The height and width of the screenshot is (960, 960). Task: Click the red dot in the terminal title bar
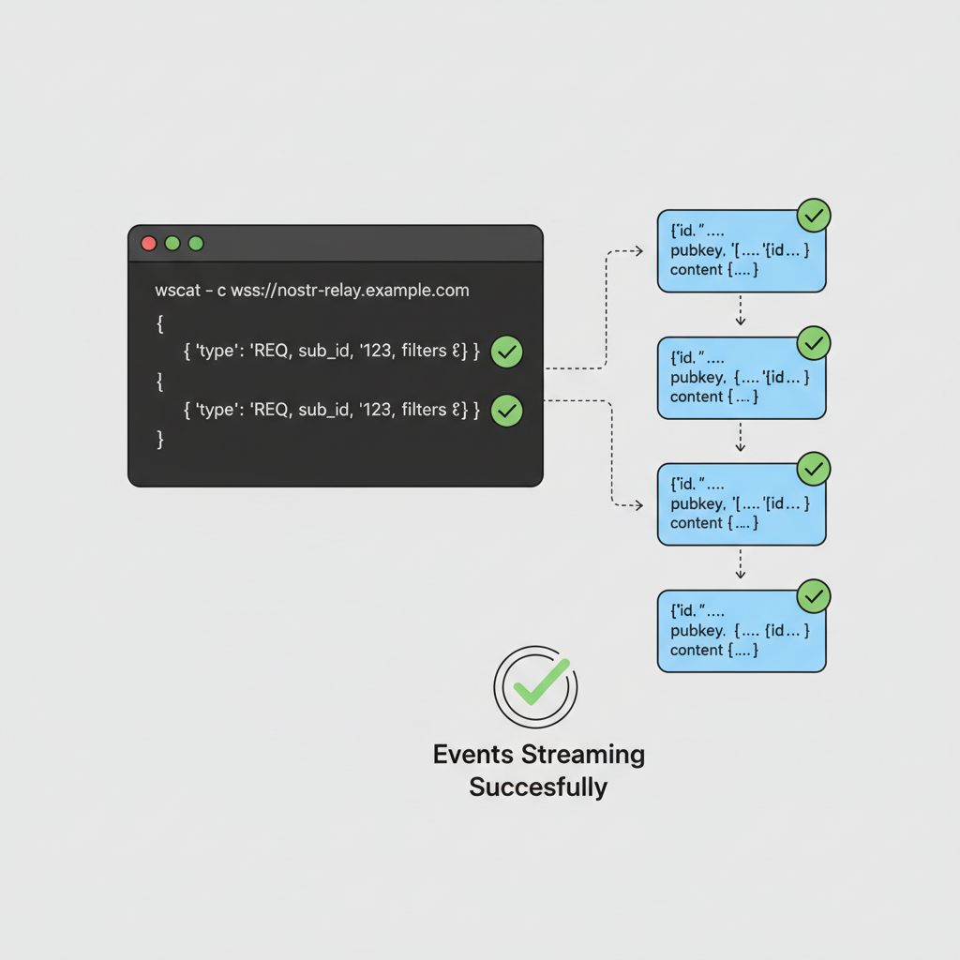click(x=148, y=244)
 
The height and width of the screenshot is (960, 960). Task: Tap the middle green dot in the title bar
click(x=172, y=244)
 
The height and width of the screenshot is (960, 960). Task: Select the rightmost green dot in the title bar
click(x=196, y=244)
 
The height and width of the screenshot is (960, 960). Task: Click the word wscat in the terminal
click(x=177, y=291)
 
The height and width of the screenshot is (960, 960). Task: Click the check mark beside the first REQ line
click(x=507, y=352)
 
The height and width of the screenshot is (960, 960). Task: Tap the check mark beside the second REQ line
click(x=507, y=410)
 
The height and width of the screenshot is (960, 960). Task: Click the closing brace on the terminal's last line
click(x=160, y=439)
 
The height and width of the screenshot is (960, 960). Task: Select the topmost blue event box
click(x=741, y=251)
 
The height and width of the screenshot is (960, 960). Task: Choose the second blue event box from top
click(x=741, y=378)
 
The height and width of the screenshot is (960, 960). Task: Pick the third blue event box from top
click(x=741, y=504)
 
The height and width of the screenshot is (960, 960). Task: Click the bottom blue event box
click(x=741, y=631)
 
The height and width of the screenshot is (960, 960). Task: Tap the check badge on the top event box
click(x=814, y=216)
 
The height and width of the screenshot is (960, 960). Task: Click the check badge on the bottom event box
click(x=814, y=595)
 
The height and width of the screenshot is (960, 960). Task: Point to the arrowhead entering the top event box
click(x=637, y=251)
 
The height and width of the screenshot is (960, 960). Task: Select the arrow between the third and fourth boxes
click(x=741, y=563)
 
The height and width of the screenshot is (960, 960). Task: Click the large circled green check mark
click(x=535, y=686)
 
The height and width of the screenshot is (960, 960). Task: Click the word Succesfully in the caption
click(x=538, y=787)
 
